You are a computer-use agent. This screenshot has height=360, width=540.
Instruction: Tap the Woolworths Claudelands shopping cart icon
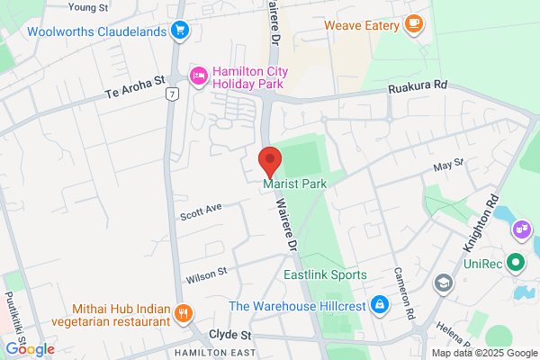point(180,31)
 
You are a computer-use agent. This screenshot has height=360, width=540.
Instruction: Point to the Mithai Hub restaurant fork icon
point(183,313)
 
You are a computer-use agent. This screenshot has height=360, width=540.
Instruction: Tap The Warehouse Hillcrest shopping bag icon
point(381,305)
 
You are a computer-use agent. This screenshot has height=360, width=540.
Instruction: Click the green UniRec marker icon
point(516,264)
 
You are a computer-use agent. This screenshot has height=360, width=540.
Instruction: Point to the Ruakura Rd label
point(418,88)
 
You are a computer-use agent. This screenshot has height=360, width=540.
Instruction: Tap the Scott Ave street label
point(200,213)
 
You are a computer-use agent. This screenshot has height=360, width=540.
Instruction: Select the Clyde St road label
point(229,334)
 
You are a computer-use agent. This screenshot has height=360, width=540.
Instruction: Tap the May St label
point(447,164)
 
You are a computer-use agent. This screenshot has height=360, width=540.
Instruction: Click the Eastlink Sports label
point(325,274)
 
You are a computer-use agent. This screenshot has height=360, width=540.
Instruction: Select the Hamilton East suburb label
point(211,351)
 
